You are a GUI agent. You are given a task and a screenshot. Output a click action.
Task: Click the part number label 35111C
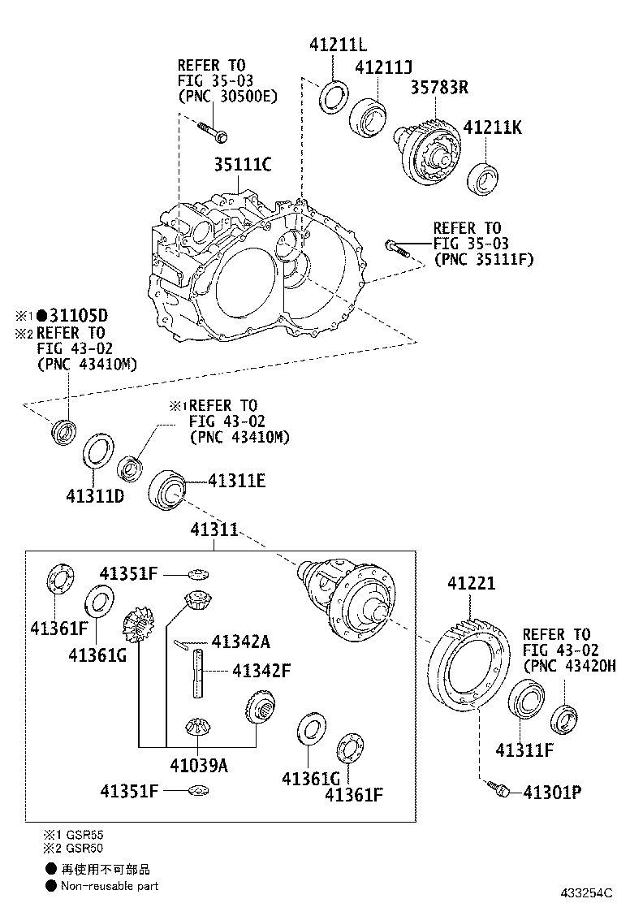coord(242,165)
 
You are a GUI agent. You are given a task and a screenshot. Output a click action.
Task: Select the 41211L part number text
coord(339,45)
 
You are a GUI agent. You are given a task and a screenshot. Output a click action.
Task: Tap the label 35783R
coord(438,88)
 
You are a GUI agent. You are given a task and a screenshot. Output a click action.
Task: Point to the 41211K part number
coord(492,127)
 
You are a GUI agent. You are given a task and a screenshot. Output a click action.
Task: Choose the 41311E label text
coord(236,480)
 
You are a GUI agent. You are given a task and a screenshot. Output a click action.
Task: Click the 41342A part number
coord(239,642)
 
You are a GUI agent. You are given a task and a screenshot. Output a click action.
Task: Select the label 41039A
coord(199,765)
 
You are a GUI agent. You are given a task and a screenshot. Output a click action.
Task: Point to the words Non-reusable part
coord(110,886)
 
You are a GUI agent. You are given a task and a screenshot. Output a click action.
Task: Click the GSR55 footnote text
coord(85,834)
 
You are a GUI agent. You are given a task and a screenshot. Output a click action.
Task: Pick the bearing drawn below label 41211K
coord(483,178)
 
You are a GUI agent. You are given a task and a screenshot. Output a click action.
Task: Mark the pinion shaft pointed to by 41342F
coord(199,672)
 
